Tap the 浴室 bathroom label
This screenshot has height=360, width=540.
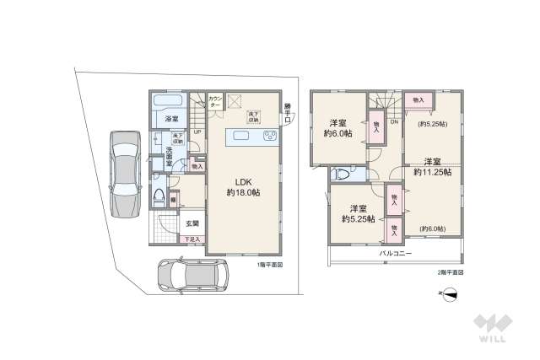click(171, 118)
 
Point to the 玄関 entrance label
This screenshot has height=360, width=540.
click(192, 223)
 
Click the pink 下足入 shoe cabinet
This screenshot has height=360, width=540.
click(192, 239)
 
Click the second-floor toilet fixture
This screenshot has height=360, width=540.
click(343, 175)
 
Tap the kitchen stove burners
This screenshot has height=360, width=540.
click(271, 137)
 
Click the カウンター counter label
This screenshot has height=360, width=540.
click(215, 101)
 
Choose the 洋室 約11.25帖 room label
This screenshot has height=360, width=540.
click(432, 166)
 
